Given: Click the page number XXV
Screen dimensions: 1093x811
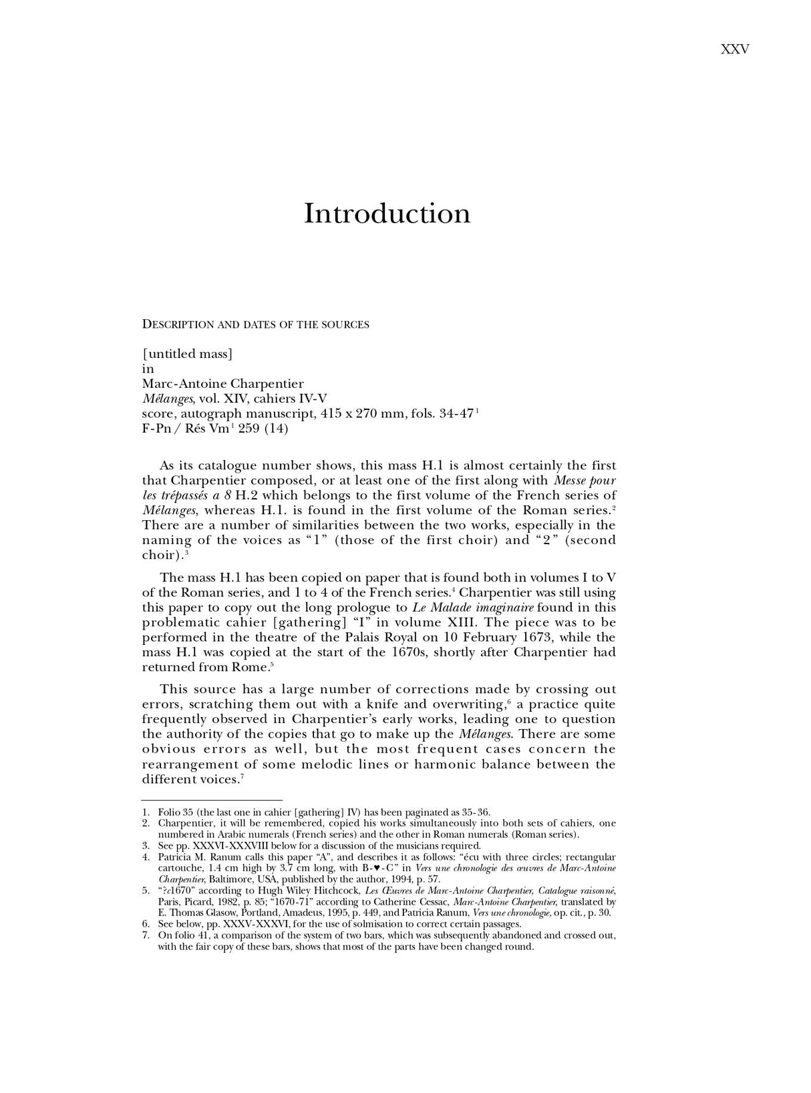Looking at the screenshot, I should click(x=735, y=49).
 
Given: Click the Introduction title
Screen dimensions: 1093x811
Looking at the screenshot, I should click(x=387, y=214).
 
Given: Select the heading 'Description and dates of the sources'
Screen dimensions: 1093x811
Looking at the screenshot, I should click(x=255, y=325).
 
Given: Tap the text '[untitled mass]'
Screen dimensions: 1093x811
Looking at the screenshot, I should click(x=187, y=354).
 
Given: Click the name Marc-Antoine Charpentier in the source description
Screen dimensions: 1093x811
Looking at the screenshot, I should click(x=222, y=384).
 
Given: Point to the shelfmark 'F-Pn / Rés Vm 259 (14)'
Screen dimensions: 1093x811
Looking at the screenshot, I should click(x=215, y=429).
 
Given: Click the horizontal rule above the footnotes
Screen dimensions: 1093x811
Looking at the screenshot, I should click(x=212, y=800).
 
